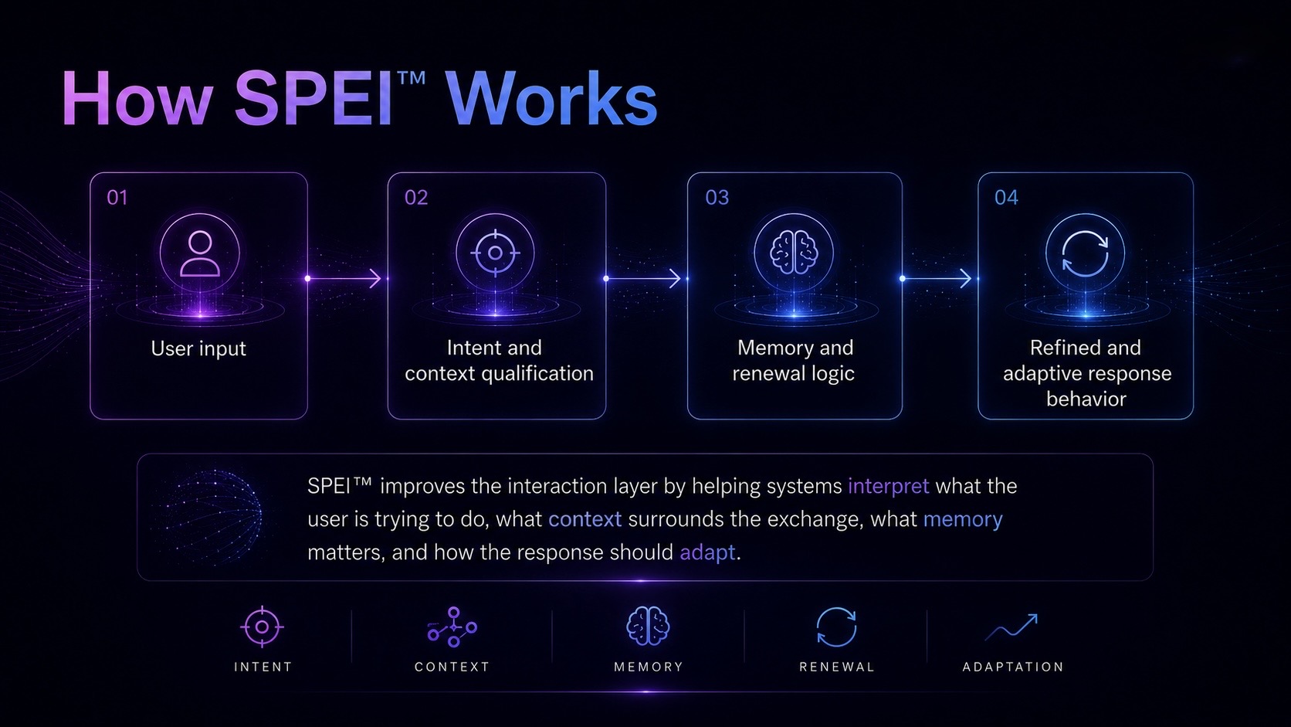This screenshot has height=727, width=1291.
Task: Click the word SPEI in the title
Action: coord(315,98)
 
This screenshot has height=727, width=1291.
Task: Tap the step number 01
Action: coord(117,198)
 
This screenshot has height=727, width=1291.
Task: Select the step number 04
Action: coord(1006,198)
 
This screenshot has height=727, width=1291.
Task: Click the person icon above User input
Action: coord(199,253)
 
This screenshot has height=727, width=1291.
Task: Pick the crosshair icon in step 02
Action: coord(495,253)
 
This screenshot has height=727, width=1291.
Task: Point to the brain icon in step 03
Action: coord(795,253)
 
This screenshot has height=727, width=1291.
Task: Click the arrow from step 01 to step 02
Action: coord(344,278)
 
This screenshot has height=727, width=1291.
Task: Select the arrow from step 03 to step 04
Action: coord(937,278)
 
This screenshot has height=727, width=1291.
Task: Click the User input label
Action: coord(198,348)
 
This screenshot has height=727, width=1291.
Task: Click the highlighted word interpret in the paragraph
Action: coord(889,487)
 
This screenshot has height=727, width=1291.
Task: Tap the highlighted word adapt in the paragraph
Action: coord(708,553)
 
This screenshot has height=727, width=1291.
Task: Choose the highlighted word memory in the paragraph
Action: coord(963,519)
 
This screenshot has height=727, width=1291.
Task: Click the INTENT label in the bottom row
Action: coord(263,667)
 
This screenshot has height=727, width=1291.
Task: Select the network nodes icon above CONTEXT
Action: coord(453,627)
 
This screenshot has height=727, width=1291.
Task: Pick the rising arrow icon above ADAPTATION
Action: coord(1012,627)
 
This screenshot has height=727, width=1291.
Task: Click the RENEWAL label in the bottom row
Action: coord(837,667)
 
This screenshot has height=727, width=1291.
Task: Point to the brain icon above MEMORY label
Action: coord(648,626)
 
